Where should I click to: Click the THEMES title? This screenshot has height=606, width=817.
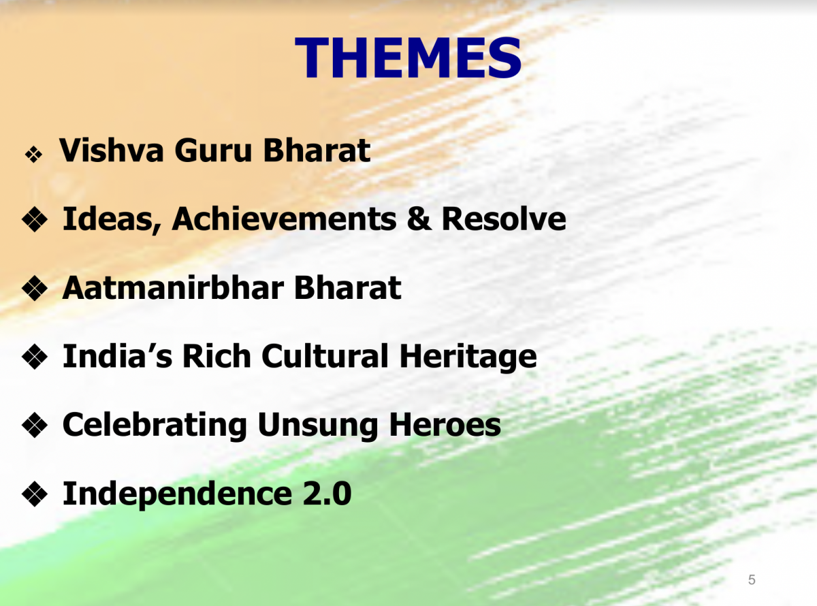click(x=408, y=57)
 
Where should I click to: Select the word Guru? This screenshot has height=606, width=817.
click(x=213, y=150)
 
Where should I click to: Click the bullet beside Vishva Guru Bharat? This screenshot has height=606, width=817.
click(x=33, y=155)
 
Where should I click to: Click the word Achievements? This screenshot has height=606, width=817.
click(x=284, y=219)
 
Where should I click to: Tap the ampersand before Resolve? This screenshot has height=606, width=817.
click(x=419, y=219)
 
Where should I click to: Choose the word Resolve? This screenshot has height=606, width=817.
click(x=504, y=219)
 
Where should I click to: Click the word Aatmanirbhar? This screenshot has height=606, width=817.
click(x=173, y=288)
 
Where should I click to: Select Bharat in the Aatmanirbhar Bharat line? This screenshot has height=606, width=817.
click(x=347, y=288)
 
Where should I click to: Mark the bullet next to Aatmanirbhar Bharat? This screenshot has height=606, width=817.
click(x=35, y=288)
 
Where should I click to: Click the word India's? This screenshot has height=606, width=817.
click(x=118, y=356)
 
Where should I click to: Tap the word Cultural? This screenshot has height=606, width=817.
click(x=325, y=356)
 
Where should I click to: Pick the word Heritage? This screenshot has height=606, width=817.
click(x=468, y=357)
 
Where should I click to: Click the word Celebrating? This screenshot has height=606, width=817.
click(x=155, y=426)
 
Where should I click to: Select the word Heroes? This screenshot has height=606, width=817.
click(x=445, y=425)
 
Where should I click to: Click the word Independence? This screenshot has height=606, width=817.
click(x=178, y=494)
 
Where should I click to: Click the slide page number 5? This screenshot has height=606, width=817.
click(x=752, y=579)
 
